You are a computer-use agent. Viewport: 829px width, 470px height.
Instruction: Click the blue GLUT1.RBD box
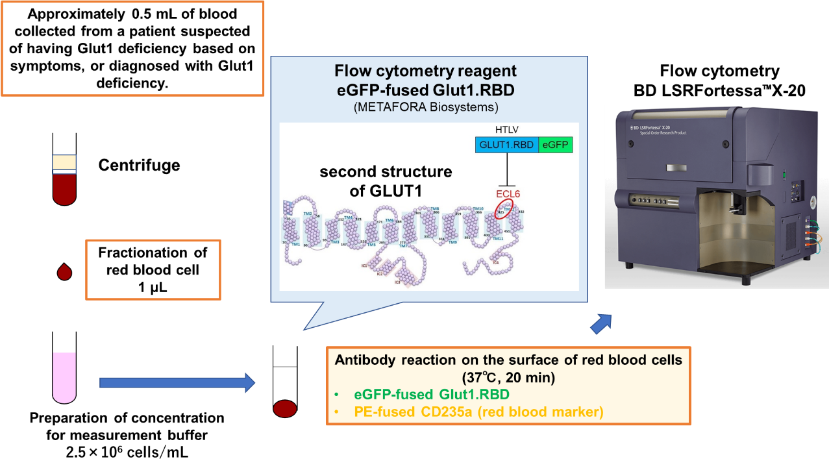506,145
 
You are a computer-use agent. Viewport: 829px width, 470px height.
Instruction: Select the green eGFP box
556,145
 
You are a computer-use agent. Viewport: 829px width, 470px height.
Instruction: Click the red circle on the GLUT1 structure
504,208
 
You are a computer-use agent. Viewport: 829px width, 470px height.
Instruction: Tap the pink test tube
64,377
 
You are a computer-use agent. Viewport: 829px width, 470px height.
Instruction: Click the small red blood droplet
64,272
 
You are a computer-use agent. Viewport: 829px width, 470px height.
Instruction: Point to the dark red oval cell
285,408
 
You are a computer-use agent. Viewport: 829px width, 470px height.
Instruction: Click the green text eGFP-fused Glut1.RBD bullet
431,395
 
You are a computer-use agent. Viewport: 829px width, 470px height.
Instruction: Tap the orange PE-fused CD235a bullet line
478,412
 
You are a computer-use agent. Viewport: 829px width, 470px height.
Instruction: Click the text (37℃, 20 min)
508,377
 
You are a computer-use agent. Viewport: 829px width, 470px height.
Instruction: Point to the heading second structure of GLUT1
386,181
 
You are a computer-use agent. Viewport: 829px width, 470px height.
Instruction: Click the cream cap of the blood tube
64,163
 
